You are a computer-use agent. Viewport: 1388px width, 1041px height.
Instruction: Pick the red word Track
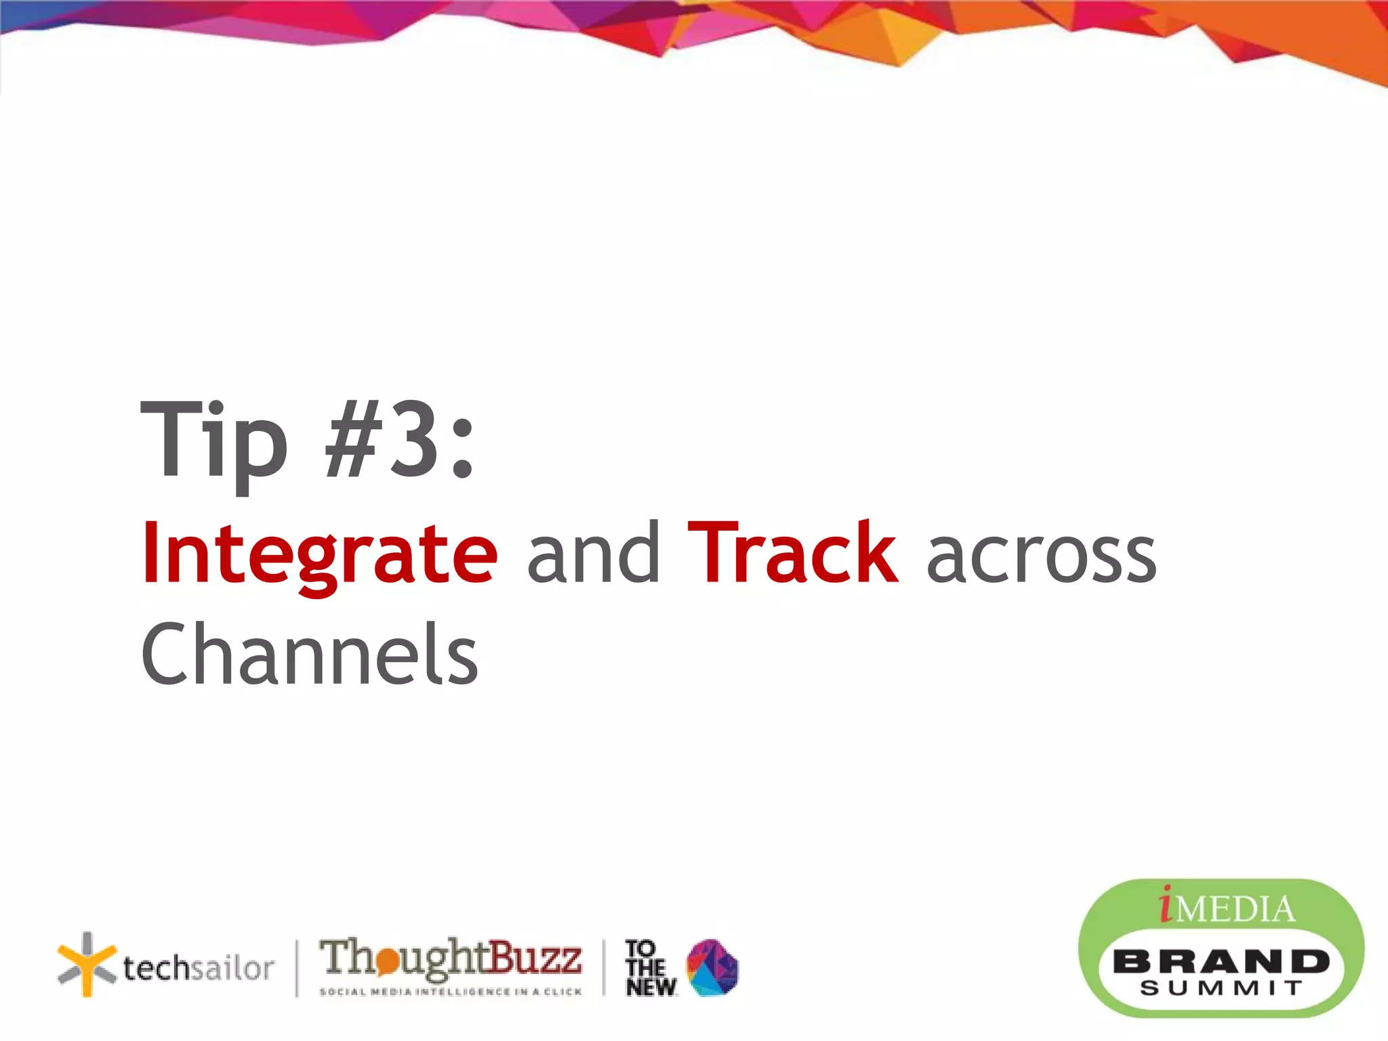pos(793,552)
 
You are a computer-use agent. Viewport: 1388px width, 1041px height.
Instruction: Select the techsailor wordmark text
pos(199,968)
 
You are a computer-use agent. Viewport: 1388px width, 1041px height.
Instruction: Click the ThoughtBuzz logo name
pos(451,958)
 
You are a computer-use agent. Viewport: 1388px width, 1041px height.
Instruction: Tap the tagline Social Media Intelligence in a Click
pos(451,992)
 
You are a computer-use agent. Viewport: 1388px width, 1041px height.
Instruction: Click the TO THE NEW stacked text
pos(649,968)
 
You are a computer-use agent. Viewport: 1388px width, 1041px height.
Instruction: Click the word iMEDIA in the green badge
pos(1227,907)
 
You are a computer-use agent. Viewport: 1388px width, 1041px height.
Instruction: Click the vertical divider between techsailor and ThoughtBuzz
pos(297,968)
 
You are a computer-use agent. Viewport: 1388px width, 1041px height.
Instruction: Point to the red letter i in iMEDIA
pos(1166,905)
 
